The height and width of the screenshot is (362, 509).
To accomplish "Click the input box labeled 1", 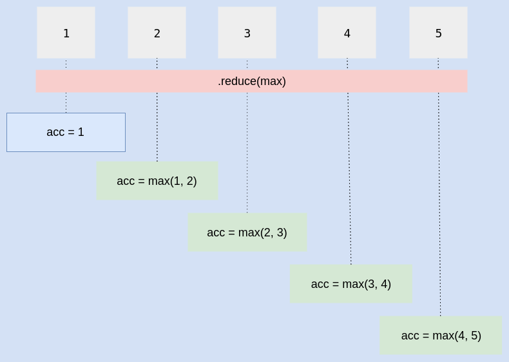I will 66,33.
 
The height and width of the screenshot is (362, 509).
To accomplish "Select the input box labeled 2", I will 157,33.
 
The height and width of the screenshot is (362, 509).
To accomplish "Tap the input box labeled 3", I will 247,33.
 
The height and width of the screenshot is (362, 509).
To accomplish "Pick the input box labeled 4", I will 347,33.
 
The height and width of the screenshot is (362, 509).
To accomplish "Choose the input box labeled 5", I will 438,33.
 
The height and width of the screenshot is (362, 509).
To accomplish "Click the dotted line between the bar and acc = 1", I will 66,102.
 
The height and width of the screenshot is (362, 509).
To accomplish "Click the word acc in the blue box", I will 55,132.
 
